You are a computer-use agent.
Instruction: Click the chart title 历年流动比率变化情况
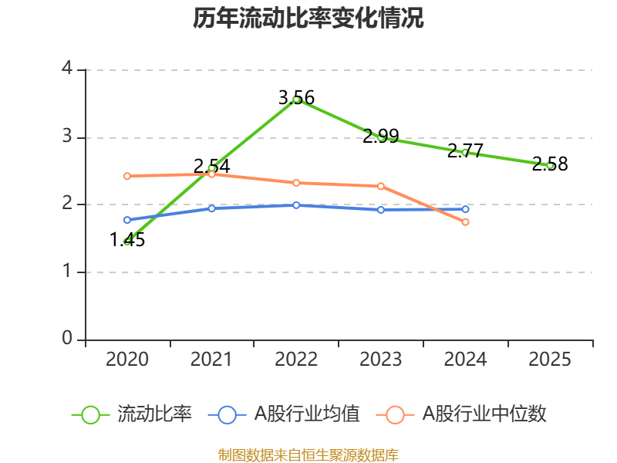[308, 19]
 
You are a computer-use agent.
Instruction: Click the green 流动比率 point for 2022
[296, 99]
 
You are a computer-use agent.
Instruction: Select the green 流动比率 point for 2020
[127, 242]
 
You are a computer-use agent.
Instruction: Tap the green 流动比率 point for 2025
[550, 165]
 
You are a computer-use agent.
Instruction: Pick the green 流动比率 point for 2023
[381, 137]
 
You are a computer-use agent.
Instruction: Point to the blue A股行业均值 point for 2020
[127, 220]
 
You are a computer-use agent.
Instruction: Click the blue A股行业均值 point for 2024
[465, 209]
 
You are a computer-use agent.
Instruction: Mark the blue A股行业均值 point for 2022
[296, 205]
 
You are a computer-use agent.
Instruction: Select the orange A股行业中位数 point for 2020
[127, 176]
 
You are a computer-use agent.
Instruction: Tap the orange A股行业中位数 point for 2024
[465, 221]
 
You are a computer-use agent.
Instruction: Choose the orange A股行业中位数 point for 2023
[381, 186]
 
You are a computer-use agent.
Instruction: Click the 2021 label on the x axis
[211, 360]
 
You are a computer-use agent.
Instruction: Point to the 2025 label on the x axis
[550, 360]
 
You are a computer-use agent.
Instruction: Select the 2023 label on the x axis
[381, 360]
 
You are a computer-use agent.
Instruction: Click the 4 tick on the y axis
[67, 69]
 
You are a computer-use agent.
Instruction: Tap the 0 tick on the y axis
[67, 340]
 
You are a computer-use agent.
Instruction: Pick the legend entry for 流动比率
[132, 414]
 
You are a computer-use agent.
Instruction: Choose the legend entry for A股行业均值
[285, 414]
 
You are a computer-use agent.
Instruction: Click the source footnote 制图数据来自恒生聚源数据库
[308, 455]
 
